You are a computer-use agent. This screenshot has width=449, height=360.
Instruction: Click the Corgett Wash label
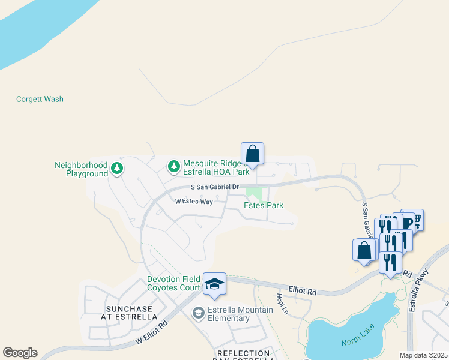(x=40, y=99)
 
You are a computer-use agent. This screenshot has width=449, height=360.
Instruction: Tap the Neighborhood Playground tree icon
(x=118, y=169)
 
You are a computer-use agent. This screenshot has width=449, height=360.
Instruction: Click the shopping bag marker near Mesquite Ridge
(x=253, y=154)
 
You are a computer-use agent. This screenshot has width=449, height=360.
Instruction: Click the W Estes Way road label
(x=194, y=202)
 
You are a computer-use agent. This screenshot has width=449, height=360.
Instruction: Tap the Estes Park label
(x=263, y=206)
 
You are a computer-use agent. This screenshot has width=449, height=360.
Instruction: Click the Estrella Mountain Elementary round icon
(x=198, y=313)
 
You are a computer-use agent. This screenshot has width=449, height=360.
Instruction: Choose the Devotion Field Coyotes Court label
(x=173, y=284)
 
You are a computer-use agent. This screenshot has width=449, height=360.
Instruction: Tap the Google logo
(x=20, y=353)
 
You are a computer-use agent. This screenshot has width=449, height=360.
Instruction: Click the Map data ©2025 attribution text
(x=424, y=355)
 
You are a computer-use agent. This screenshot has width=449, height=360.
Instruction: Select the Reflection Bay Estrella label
(x=244, y=355)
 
